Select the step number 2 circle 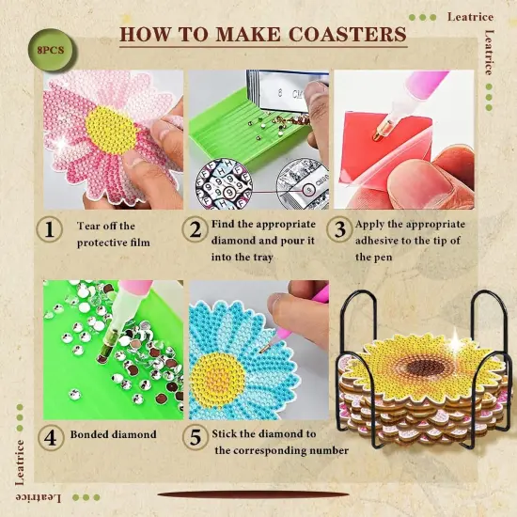(x=196, y=230)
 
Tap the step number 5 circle (x=196, y=436)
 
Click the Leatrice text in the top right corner (x=470, y=16)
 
